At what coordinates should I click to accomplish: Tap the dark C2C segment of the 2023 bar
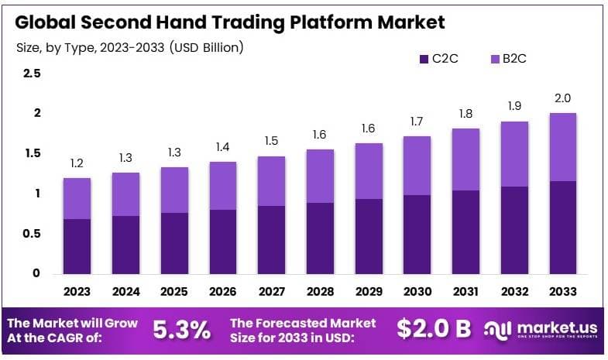[x=77, y=246]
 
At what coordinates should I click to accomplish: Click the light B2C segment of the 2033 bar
[x=562, y=147]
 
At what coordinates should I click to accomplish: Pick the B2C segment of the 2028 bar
[x=320, y=177]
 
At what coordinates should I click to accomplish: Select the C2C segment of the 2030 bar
[x=417, y=234]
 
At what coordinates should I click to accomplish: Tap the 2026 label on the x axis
[x=222, y=292]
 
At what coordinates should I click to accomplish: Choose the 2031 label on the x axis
[x=465, y=292]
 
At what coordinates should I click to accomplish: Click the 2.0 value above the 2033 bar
[x=562, y=98]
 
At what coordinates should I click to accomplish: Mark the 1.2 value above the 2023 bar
[x=77, y=163]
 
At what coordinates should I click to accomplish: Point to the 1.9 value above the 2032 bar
[x=514, y=106]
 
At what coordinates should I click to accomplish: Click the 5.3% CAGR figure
[x=181, y=330]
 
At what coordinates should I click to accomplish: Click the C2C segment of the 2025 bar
[x=174, y=243]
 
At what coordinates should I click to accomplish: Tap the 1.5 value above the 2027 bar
[x=271, y=141]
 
